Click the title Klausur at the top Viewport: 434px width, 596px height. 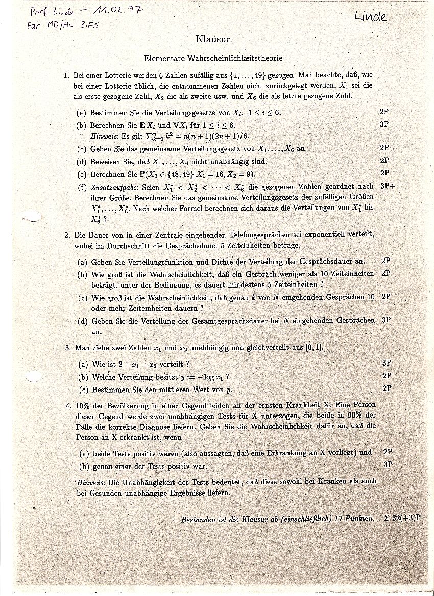213,39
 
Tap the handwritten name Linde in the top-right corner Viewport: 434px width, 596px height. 371,17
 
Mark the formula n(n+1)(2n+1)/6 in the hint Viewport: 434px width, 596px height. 216,136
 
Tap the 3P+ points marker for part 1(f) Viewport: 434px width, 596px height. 388,186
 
